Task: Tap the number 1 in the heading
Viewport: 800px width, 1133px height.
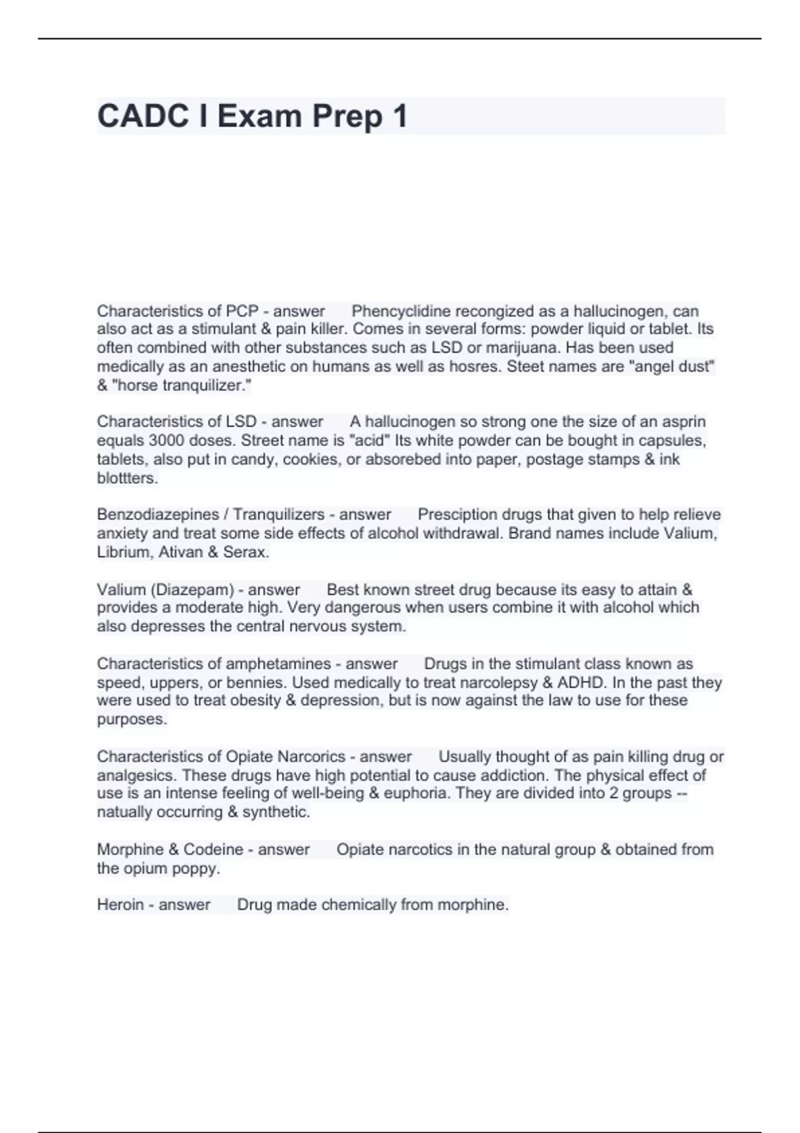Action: pyautogui.click(x=400, y=116)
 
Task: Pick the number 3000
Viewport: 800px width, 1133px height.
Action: pyautogui.click(x=170, y=441)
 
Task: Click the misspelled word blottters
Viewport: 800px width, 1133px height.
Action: pyautogui.click(x=127, y=478)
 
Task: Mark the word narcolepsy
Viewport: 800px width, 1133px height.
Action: pyautogui.click(x=497, y=682)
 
